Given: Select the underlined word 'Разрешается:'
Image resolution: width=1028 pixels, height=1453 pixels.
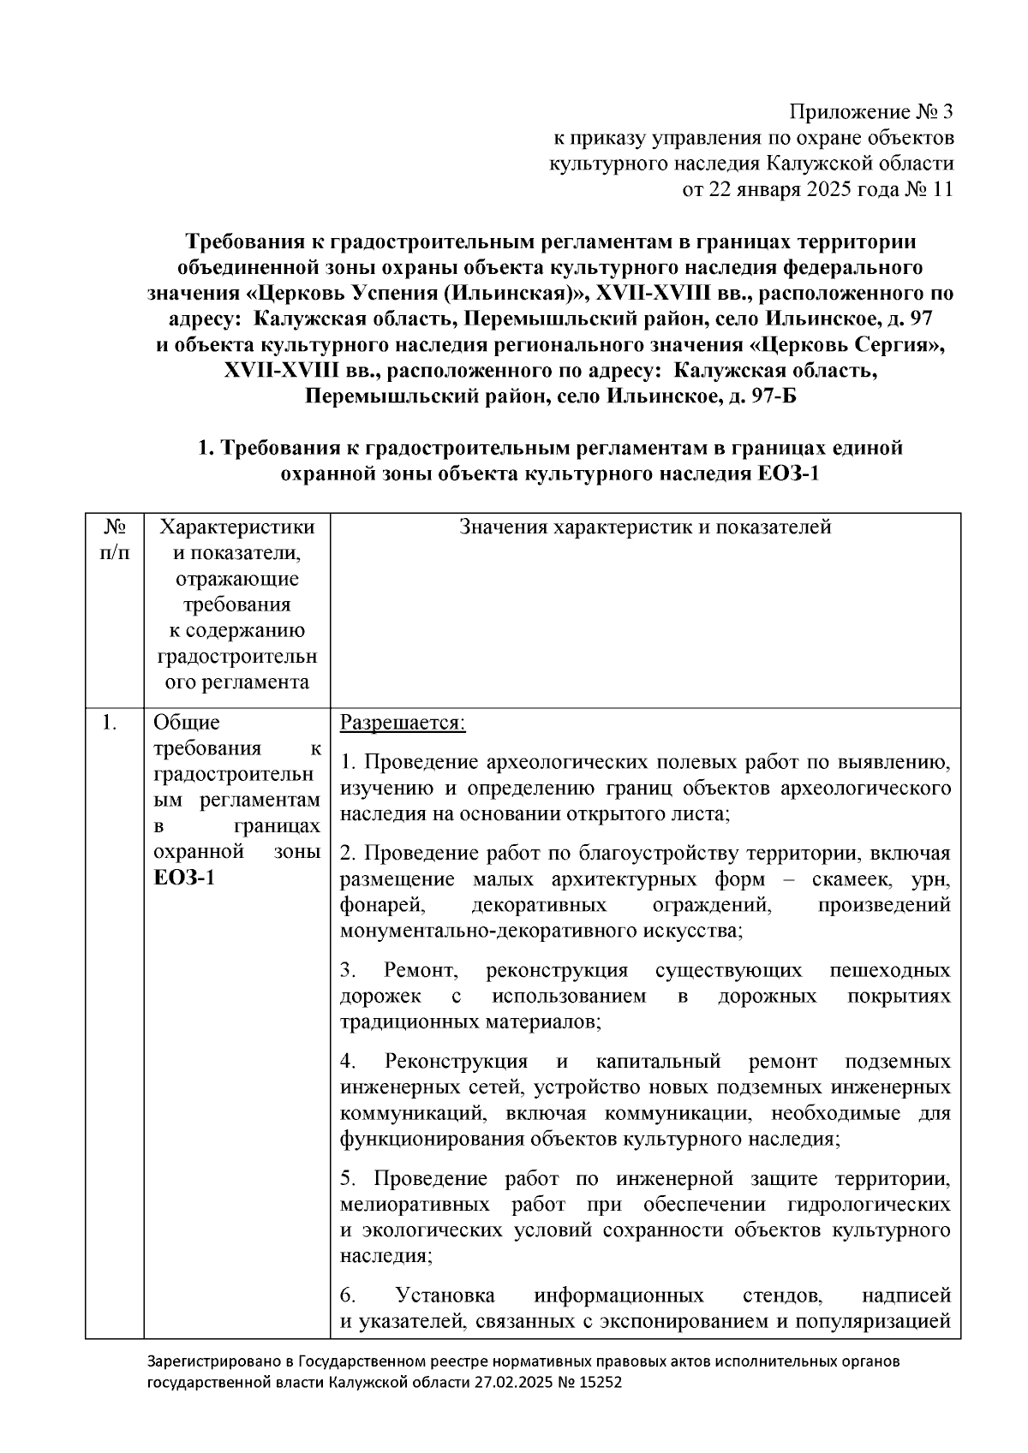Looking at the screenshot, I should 403,723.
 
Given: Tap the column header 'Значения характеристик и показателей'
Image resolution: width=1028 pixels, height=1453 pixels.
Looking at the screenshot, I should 645,527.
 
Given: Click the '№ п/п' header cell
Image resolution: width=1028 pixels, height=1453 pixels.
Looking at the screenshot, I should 115,539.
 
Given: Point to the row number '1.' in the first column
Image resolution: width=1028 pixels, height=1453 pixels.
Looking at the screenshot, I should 109,723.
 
